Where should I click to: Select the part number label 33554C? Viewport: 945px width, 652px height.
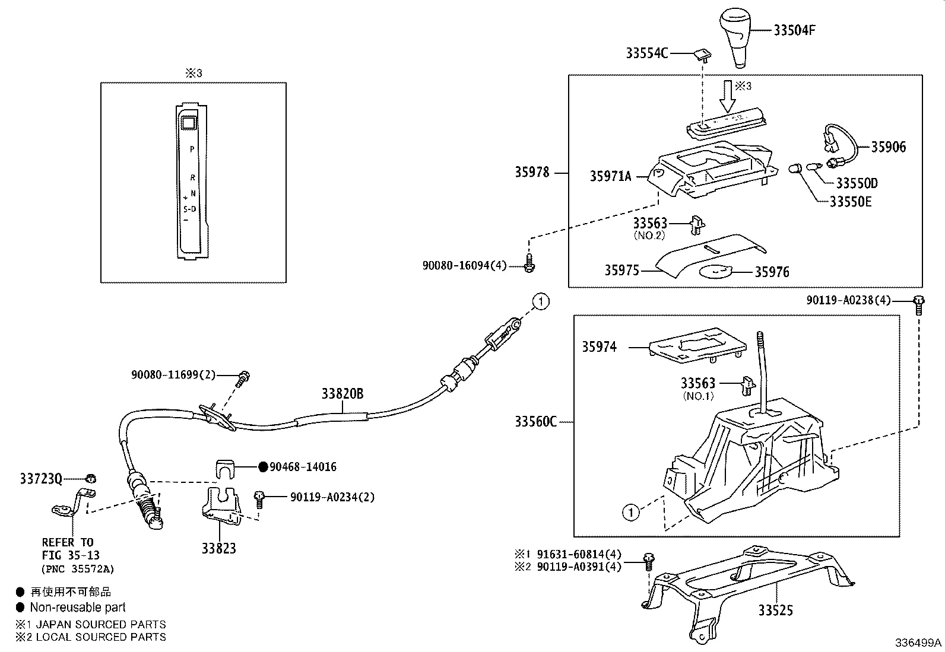coord(647,53)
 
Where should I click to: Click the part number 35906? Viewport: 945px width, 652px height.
coord(888,147)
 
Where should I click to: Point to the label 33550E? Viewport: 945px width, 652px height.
coord(850,202)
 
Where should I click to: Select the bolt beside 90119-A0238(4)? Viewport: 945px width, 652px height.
coord(918,303)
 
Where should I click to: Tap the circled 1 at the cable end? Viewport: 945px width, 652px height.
coord(540,301)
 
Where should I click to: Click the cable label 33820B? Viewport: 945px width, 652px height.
coord(343,393)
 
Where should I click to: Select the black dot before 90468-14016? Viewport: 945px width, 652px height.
coord(264,467)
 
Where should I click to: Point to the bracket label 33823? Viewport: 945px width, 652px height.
coord(218,548)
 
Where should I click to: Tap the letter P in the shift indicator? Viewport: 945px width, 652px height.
coord(192,149)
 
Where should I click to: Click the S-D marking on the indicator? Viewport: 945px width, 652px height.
coord(189,209)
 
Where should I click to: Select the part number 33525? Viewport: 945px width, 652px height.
coord(775,610)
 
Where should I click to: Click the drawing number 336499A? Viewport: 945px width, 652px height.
coord(918,643)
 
